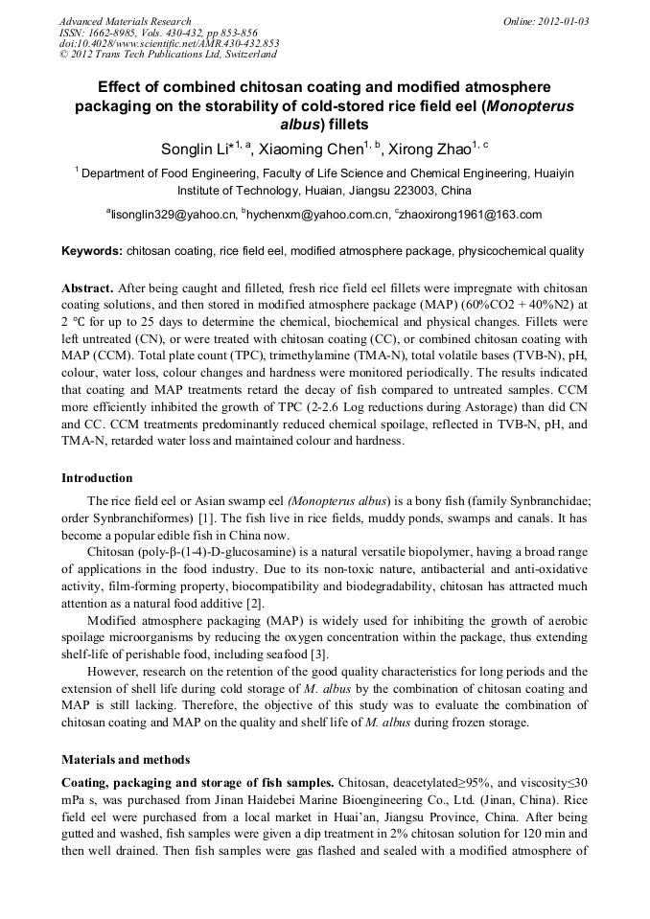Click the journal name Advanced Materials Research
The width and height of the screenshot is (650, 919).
pyautogui.click(x=125, y=21)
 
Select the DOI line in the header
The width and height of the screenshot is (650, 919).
pyautogui.click(x=169, y=43)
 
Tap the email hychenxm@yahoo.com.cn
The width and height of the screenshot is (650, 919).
pyautogui.click(x=317, y=215)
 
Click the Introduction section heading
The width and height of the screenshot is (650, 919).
pyautogui.click(x=97, y=477)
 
